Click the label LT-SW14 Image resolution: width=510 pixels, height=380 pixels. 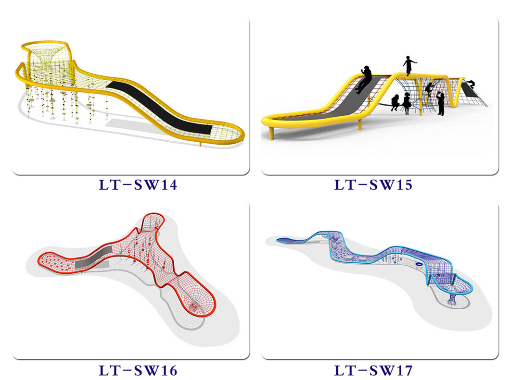[138, 185]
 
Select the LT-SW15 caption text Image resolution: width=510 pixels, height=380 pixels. [373, 185]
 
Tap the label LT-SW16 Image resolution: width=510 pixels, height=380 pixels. [138, 370]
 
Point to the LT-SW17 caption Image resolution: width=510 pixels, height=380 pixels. [373, 370]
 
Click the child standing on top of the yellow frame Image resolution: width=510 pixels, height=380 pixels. [409, 66]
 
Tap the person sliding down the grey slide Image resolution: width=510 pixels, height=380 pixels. [365, 79]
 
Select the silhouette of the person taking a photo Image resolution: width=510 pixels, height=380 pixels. [440, 103]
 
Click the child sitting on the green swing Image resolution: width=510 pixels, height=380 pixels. [395, 103]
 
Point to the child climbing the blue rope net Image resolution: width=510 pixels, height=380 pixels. [429, 90]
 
